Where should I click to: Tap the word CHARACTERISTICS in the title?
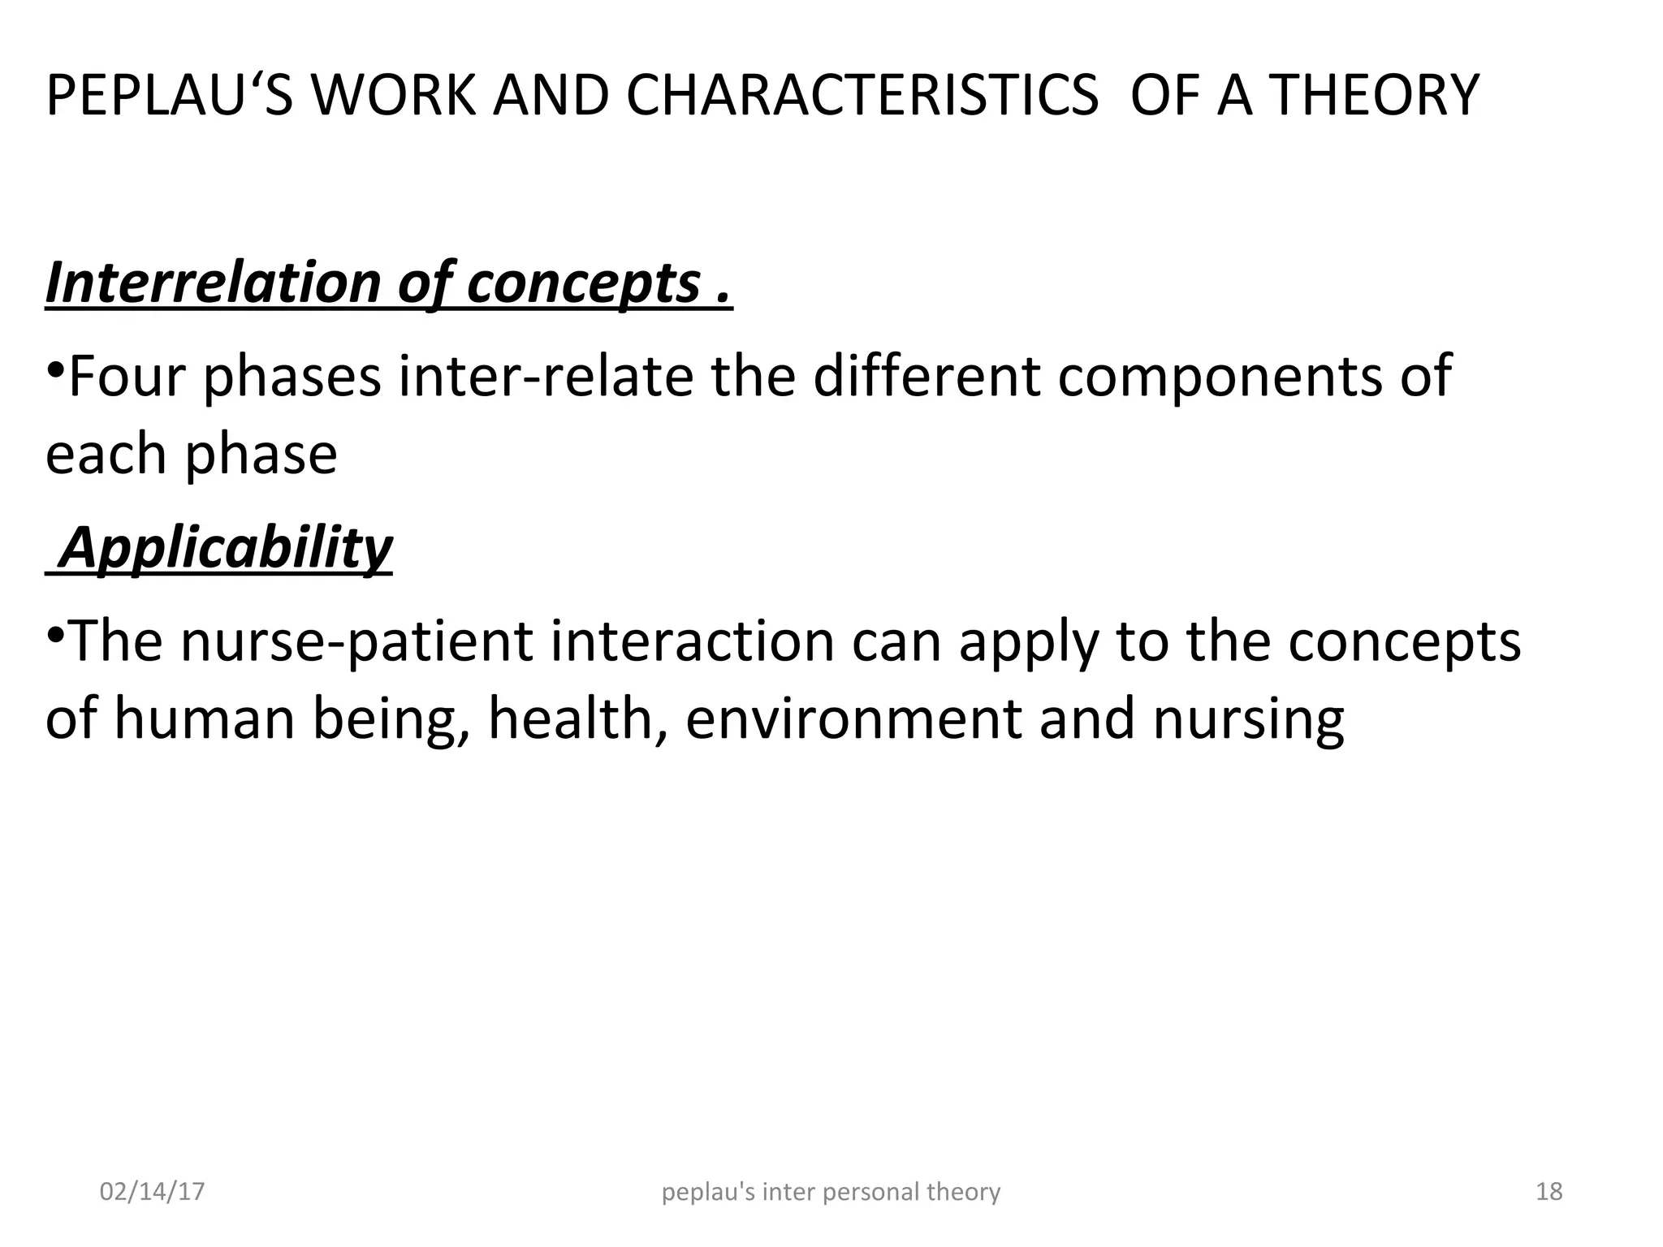(x=862, y=96)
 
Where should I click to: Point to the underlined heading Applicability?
(x=226, y=547)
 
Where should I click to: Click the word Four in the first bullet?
(x=127, y=377)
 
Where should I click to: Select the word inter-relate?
(x=545, y=377)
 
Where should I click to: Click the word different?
(x=926, y=377)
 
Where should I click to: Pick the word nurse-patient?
(x=356, y=641)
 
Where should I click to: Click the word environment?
(x=853, y=718)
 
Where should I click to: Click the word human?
(x=203, y=718)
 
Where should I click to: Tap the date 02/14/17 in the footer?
(x=152, y=1192)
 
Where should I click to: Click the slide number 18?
(x=1549, y=1192)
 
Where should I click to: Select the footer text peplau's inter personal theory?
(x=831, y=1192)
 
